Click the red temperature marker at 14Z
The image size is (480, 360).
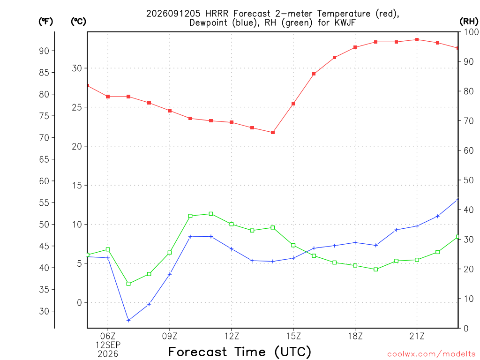click(x=273, y=133)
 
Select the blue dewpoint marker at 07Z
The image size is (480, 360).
click(x=128, y=321)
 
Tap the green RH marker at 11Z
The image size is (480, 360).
click(x=211, y=214)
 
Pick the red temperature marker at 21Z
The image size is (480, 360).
click(x=417, y=40)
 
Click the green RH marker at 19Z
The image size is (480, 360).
click(x=376, y=270)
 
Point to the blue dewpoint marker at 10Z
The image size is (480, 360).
click(x=190, y=237)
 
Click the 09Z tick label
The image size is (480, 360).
click(x=170, y=336)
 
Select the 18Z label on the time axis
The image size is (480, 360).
click(x=355, y=336)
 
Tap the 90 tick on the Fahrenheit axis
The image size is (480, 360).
click(x=44, y=51)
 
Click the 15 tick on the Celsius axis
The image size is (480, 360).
click(x=77, y=185)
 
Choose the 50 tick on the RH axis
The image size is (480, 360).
click(x=469, y=180)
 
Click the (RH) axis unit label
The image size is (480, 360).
click(x=469, y=22)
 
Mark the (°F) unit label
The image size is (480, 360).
click(x=45, y=22)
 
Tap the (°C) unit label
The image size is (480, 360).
click(x=78, y=22)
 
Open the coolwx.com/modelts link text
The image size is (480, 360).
click(x=431, y=354)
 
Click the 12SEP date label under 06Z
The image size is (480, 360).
click(x=108, y=345)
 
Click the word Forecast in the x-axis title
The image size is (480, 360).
click(x=198, y=352)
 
